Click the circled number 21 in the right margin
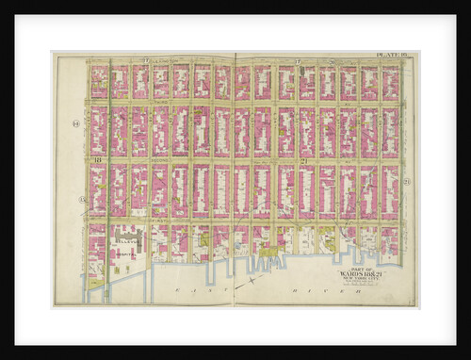[406, 182]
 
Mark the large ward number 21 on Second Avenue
[304, 162]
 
